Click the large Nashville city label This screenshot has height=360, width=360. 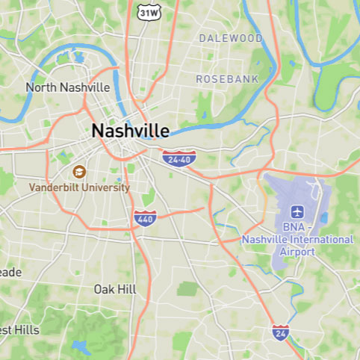click(130, 131)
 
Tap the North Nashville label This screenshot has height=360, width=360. click(68, 87)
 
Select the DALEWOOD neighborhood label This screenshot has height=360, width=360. click(231, 38)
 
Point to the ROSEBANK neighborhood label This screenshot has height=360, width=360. click(227, 78)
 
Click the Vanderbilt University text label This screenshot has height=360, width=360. click(79, 187)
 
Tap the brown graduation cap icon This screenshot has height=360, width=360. click(80, 172)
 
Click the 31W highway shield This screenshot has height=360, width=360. click(149, 13)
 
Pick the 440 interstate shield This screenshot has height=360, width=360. click(146, 219)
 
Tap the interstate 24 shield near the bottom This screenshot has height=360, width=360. click(281, 331)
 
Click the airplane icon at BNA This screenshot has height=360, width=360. click(298, 211)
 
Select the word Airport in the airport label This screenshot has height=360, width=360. click(297, 252)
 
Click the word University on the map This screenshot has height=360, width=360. click(106, 187)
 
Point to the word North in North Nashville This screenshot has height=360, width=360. click(41, 87)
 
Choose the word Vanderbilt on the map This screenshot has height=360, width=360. click(55, 187)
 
